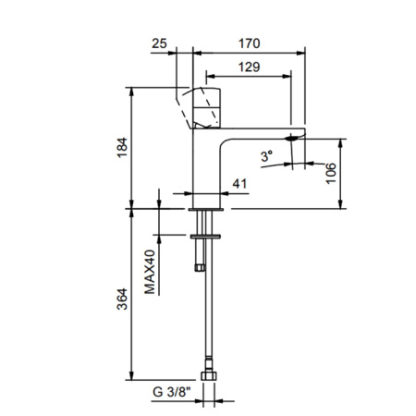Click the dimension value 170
click(x=247, y=43)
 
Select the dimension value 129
click(x=247, y=67)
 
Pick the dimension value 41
click(x=239, y=184)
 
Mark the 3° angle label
click(x=268, y=158)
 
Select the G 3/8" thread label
click(x=171, y=393)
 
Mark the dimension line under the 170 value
click(x=247, y=52)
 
